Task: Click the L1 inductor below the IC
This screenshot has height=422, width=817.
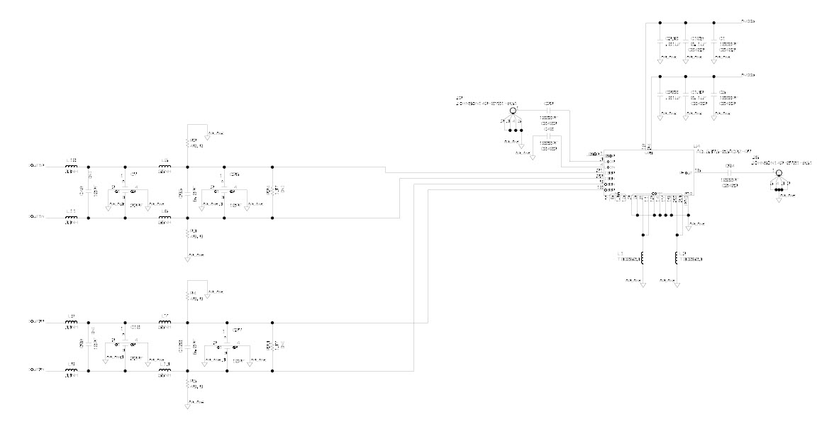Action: (643, 257)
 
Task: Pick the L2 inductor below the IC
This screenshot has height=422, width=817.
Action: (677, 257)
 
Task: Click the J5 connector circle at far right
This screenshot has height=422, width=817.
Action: (778, 173)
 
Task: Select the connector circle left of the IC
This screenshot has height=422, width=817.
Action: (513, 111)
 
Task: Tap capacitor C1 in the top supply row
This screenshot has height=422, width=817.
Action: (714, 44)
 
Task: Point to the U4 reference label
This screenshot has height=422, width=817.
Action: (696, 147)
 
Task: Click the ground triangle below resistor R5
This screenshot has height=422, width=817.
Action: (187, 406)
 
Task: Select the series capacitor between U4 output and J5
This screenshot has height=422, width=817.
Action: (730, 172)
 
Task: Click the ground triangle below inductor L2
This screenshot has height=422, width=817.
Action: (677, 285)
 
